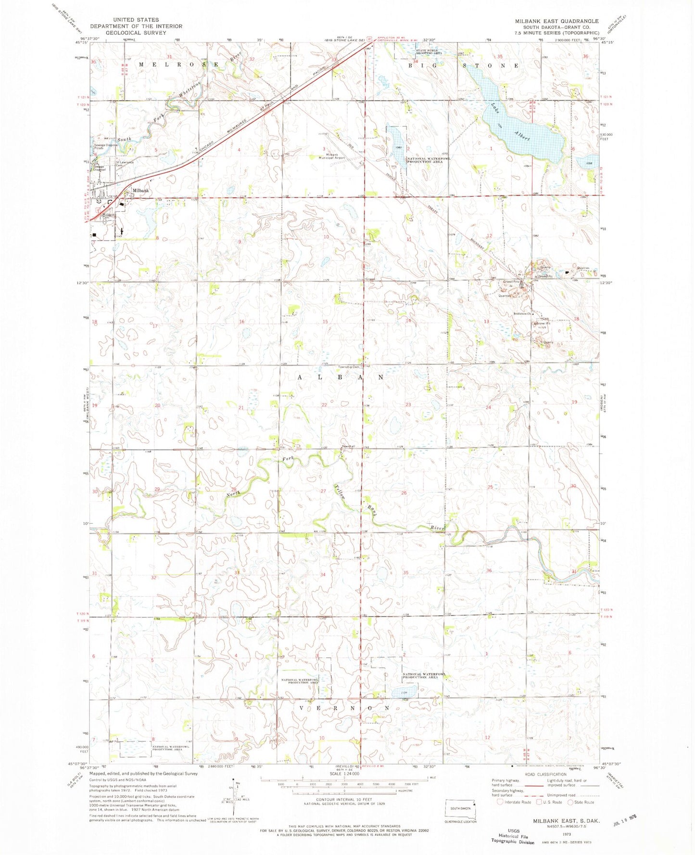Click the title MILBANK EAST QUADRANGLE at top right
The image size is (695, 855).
click(x=556, y=21)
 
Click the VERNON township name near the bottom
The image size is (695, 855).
click(x=344, y=708)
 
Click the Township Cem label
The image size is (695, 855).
click(x=349, y=367)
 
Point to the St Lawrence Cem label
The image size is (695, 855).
click(x=124, y=164)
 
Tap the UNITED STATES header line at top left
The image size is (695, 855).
click(x=136, y=20)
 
